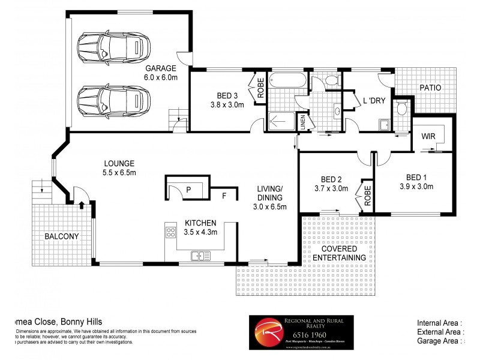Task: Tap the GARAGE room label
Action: (158, 68)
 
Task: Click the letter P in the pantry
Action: (188, 190)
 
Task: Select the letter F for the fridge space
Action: (224, 195)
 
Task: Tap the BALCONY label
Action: (62, 236)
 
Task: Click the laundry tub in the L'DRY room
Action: (383, 125)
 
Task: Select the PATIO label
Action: (430, 88)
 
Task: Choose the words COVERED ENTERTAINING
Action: (340, 253)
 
